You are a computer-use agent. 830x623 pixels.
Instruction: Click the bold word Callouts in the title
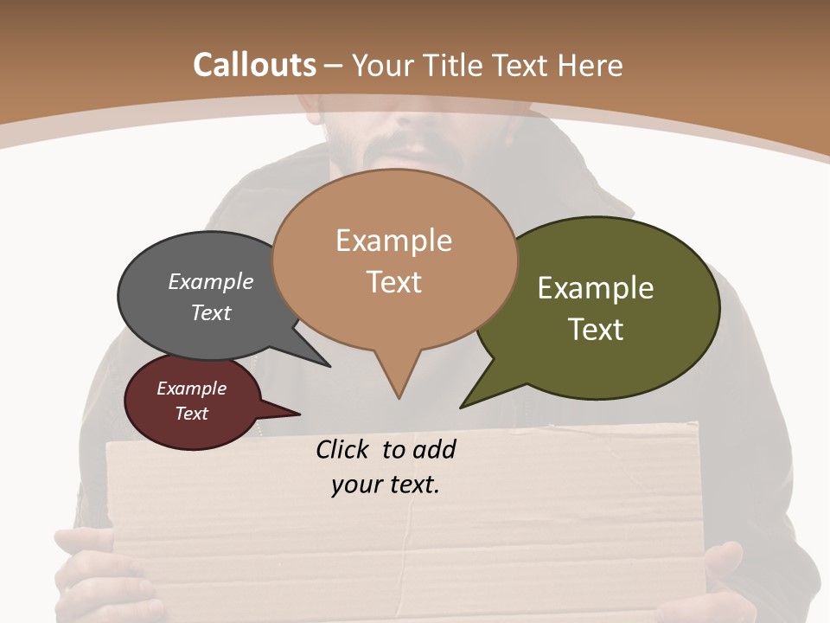click(x=255, y=65)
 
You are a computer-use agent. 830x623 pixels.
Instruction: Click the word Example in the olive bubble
click(x=596, y=288)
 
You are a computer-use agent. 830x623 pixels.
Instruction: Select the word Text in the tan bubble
click(x=394, y=282)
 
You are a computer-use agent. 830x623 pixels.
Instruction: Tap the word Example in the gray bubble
click(x=211, y=282)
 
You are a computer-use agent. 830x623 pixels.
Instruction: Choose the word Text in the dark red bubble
click(x=192, y=414)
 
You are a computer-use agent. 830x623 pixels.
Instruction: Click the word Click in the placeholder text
click(x=343, y=449)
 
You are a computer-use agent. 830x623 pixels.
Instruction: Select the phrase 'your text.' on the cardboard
click(x=386, y=485)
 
